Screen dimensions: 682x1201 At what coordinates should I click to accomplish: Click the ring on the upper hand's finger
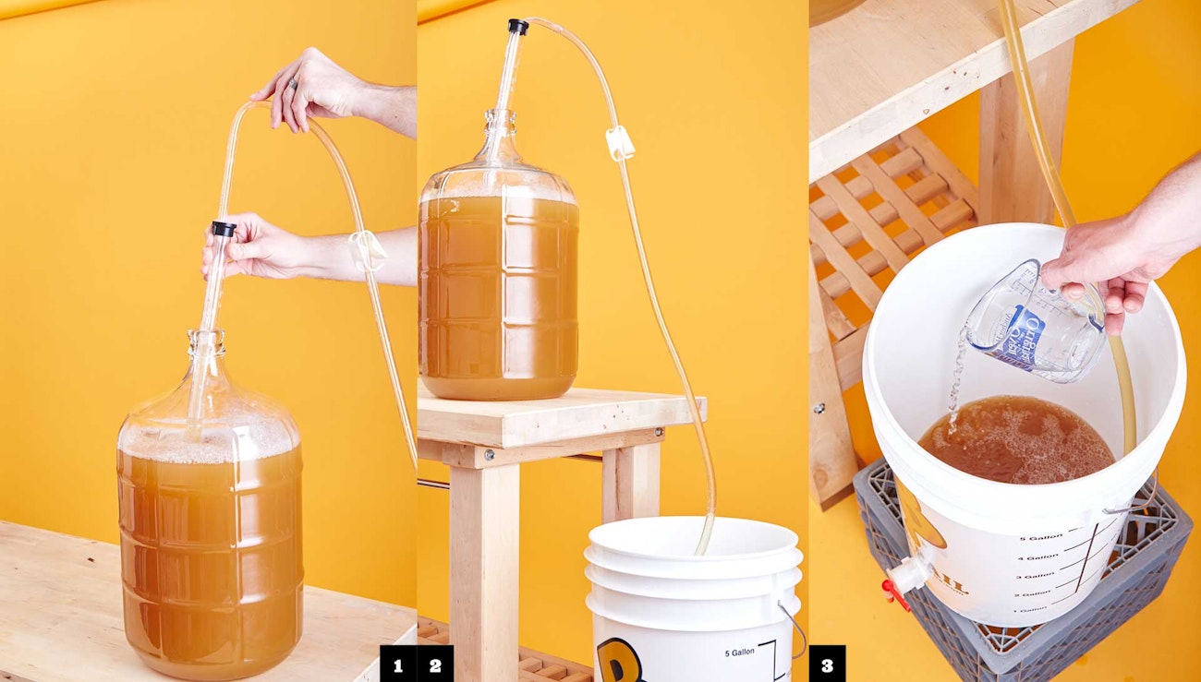pyautogui.click(x=291, y=85)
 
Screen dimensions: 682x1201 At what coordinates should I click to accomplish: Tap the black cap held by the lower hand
pyautogui.click(x=223, y=228)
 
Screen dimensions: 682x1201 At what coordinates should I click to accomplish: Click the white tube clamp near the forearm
pyautogui.click(x=366, y=249)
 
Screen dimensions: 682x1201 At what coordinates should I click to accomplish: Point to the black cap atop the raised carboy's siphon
pyautogui.click(x=518, y=27)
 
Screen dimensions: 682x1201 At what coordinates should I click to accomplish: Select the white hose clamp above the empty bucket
pyautogui.click(x=619, y=142)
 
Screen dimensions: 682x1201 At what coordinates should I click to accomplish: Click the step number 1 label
pyautogui.click(x=398, y=664)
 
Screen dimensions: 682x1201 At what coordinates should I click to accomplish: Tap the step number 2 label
pyautogui.click(x=435, y=664)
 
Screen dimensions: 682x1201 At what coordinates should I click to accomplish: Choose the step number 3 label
pyautogui.click(x=827, y=664)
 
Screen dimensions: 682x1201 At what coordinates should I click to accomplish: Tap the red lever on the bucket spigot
pyautogui.click(x=894, y=591)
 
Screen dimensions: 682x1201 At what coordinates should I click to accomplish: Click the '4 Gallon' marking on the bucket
pyautogui.click(x=1038, y=556)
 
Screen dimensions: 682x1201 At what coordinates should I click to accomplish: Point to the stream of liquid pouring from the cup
pyautogui.click(x=955, y=378)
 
